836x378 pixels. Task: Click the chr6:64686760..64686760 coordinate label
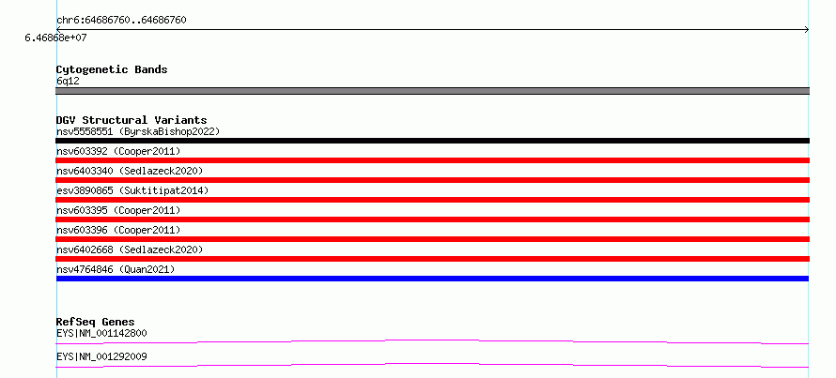tap(121, 21)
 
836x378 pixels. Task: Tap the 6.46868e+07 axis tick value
tap(55, 38)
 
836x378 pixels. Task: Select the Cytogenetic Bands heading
tap(112, 69)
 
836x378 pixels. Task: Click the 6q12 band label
tap(69, 82)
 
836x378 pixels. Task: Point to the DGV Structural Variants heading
tap(132, 120)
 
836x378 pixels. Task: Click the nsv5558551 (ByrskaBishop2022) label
tap(138, 131)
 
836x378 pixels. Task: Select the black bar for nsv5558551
tap(432, 141)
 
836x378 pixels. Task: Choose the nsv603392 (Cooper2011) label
tap(118, 152)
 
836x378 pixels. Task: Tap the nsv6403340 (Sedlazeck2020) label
tap(130, 171)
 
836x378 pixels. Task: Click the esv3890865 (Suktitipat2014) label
tap(132, 190)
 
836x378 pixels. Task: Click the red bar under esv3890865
tap(432, 200)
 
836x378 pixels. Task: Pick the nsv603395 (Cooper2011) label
tap(118, 210)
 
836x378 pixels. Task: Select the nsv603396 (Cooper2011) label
tap(118, 230)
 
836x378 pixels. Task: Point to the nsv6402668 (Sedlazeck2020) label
tap(130, 249)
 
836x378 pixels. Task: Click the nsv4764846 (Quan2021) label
tap(116, 269)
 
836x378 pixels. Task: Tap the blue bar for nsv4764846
tap(432, 279)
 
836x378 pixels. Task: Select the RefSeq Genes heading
tap(96, 322)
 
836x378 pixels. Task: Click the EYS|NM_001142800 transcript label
tap(101, 334)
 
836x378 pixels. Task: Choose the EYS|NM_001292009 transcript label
tap(101, 356)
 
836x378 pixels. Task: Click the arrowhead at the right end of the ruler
tap(807, 30)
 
